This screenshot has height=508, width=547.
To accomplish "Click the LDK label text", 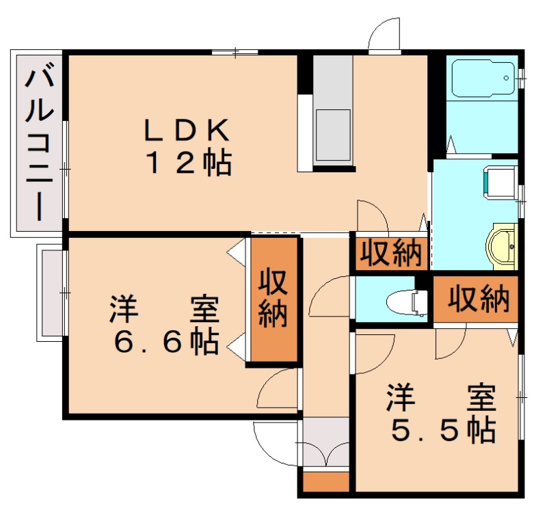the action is (187, 131).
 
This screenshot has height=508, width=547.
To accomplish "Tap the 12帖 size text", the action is (189, 163).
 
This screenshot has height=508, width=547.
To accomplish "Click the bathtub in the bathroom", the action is (483, 79).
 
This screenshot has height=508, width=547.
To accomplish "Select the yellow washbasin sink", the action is (501, 246).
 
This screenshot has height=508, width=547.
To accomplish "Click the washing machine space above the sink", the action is (500, 183).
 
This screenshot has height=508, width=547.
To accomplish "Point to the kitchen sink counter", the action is (333, 110).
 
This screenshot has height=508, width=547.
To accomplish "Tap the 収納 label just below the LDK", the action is (390, 252).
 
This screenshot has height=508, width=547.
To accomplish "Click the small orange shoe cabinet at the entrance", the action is (326, 482).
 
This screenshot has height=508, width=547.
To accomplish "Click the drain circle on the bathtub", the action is (506, 78).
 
